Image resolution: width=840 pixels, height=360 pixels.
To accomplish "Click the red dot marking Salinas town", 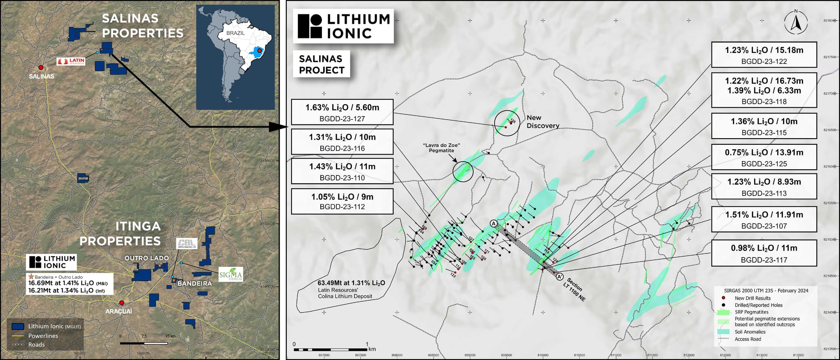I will (41, 67).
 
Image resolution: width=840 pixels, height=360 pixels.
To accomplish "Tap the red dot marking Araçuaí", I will (121, 303).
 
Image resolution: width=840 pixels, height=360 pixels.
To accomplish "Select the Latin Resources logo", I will (71, 62).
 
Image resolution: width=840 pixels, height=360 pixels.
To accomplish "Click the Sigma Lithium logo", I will (231, 274).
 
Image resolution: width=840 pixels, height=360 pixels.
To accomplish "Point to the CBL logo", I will (187, 243).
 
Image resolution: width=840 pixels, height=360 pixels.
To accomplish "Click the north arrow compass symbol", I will (796, 22).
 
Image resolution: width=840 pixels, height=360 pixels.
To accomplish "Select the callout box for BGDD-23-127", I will (342, 112).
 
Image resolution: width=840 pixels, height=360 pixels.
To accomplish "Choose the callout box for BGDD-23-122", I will (764, 55).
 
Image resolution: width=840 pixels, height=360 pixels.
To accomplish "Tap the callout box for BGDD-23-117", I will (764, 253).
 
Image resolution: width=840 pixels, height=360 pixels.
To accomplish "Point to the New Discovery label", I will (542, 122).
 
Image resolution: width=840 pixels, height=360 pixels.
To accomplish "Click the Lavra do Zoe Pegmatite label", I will (441, 148).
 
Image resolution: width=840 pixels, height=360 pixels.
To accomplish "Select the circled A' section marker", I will (559, 277).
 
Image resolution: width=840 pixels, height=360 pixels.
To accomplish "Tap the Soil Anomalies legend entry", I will (750, 332).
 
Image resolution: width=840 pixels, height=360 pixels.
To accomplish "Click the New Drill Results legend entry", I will (752, 298).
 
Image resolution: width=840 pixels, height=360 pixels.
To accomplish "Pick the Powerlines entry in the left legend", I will (43, 335).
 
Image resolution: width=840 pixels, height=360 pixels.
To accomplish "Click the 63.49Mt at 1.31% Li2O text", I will (351, 283).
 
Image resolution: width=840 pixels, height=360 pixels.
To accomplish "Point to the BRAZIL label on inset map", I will (235, 33).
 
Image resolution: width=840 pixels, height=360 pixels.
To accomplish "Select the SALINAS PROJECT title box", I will (321, 64).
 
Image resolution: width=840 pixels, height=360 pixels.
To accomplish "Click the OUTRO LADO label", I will (146, 258).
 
